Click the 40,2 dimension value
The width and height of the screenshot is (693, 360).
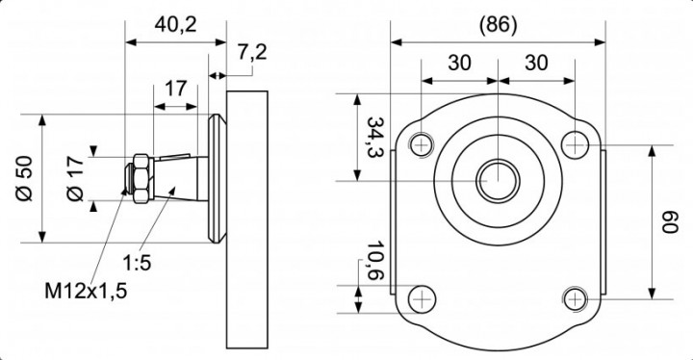175,26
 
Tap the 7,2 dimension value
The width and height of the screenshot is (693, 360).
252,53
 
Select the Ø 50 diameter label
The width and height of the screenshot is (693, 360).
25,178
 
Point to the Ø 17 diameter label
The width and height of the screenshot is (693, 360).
76,179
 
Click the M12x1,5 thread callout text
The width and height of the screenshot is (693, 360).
86,291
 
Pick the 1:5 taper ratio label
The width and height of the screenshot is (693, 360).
137,264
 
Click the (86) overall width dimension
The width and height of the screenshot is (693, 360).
499,25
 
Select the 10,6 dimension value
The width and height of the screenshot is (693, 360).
375,261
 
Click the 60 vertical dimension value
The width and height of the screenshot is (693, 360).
669,222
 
